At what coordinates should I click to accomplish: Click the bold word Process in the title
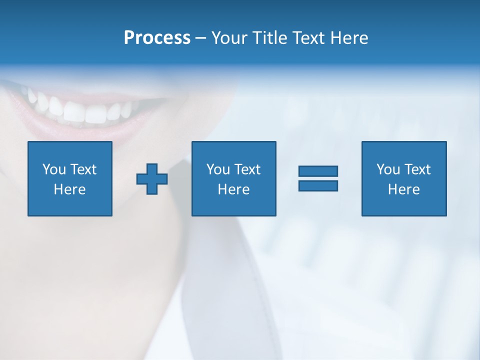[157, 38]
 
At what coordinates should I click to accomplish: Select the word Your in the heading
[230, 38]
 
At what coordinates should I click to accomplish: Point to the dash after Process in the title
[200, 38]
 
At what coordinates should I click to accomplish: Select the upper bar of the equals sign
[318, 171]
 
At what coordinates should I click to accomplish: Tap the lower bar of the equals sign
[318, 185]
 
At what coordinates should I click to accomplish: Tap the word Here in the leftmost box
[70, 189]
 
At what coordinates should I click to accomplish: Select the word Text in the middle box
[247, 169]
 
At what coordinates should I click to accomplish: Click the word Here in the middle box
[233, 189]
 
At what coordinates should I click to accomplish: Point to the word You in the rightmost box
[388, 169]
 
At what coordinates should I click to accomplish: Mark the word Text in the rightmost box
[417, 169]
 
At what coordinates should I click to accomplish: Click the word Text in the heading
[307, 38]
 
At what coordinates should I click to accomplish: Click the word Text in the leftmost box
[83, 169]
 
